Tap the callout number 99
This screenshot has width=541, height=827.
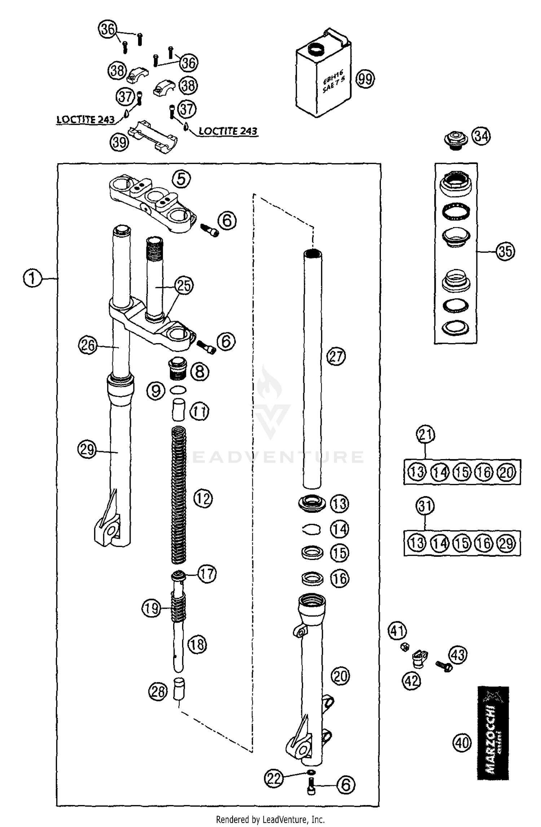(365, 79)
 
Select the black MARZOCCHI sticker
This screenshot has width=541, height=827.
(493, 733)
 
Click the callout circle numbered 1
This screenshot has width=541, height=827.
(32, 279)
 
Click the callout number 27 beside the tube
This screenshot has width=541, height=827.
(336, 356)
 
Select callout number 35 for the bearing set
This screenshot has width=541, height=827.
(505, 251)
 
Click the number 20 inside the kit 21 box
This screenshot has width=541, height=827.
(507, 472)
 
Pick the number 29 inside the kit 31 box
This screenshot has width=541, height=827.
(507, 543)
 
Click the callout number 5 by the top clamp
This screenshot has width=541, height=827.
(181, 179)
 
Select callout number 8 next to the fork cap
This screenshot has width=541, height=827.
(199, 371)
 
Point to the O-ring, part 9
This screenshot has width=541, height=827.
(178, 390)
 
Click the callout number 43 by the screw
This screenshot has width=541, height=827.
(457, 655)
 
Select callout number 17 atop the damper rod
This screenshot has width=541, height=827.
(207, 573)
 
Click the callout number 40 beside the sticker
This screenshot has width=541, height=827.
(462, 743)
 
